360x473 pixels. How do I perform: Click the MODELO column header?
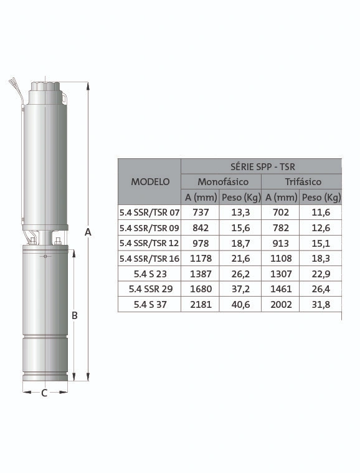pyautogui.click(x=150, y=181)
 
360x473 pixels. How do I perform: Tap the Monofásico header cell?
pyautogui.click(x=223, y=181)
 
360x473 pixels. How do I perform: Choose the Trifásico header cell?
pyautogui.click(x=303, y=181)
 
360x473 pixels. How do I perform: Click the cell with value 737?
pyautogui.click(x=201, y=213)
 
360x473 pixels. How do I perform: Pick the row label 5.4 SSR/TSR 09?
pyautogui.click(x=149, y=228)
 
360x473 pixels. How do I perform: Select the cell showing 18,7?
pyautogui.click(x=240, y=243)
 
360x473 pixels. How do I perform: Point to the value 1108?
pyautogui.click(x=281, y=259)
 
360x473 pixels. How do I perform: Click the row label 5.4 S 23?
pyautogui.click(x=150, y=274)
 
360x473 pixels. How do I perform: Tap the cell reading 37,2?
pyautogui.click(x=240, y=289)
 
